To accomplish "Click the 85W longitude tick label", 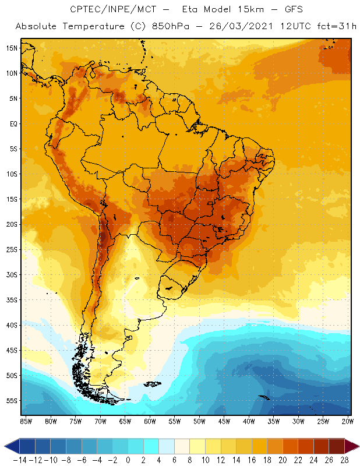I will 26,421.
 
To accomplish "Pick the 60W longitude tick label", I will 150,421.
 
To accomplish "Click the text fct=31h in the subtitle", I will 336,26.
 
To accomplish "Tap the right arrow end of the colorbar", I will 353,447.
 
